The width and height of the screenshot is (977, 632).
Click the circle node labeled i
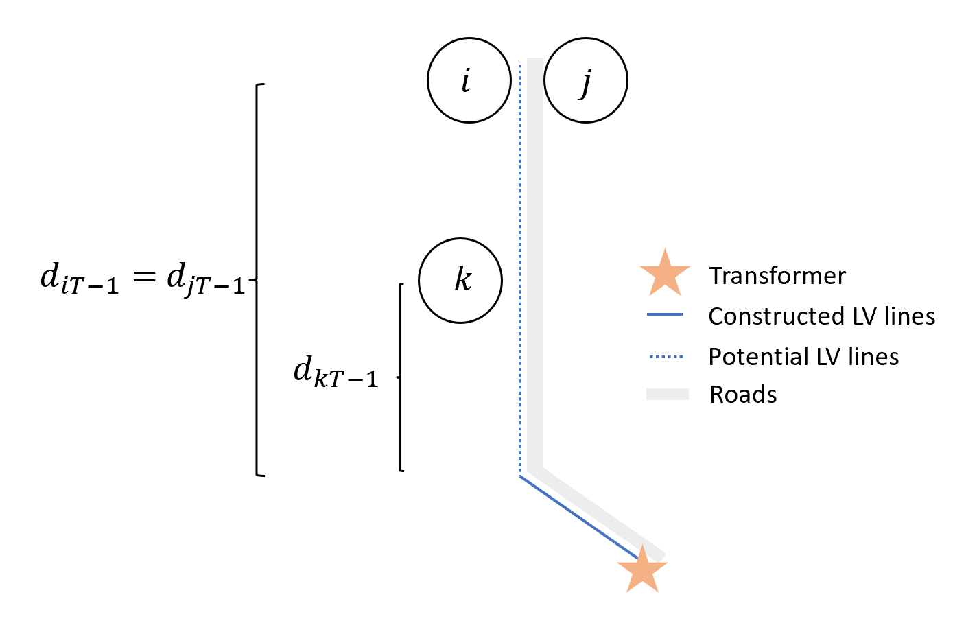(469, 80)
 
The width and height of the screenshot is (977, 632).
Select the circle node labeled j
(585, 80)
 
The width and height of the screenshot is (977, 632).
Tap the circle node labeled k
(460, 280)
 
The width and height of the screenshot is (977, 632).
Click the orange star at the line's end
(642, 570)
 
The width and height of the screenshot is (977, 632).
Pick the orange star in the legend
(665, 274)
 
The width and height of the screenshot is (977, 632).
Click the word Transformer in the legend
(777, 276)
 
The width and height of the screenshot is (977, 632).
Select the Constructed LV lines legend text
(821, 316)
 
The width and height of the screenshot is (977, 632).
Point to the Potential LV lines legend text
(803, 357)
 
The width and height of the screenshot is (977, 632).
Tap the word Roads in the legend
(743, 395)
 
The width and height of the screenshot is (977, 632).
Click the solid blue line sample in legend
(665, 315)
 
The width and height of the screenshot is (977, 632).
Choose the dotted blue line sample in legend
(666, 357)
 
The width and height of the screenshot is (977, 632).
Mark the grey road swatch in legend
(667, 394)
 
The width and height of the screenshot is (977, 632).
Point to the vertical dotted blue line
(520, 274)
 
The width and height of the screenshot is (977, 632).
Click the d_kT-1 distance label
(336, 373)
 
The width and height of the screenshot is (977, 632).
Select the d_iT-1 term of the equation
(80, 279)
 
